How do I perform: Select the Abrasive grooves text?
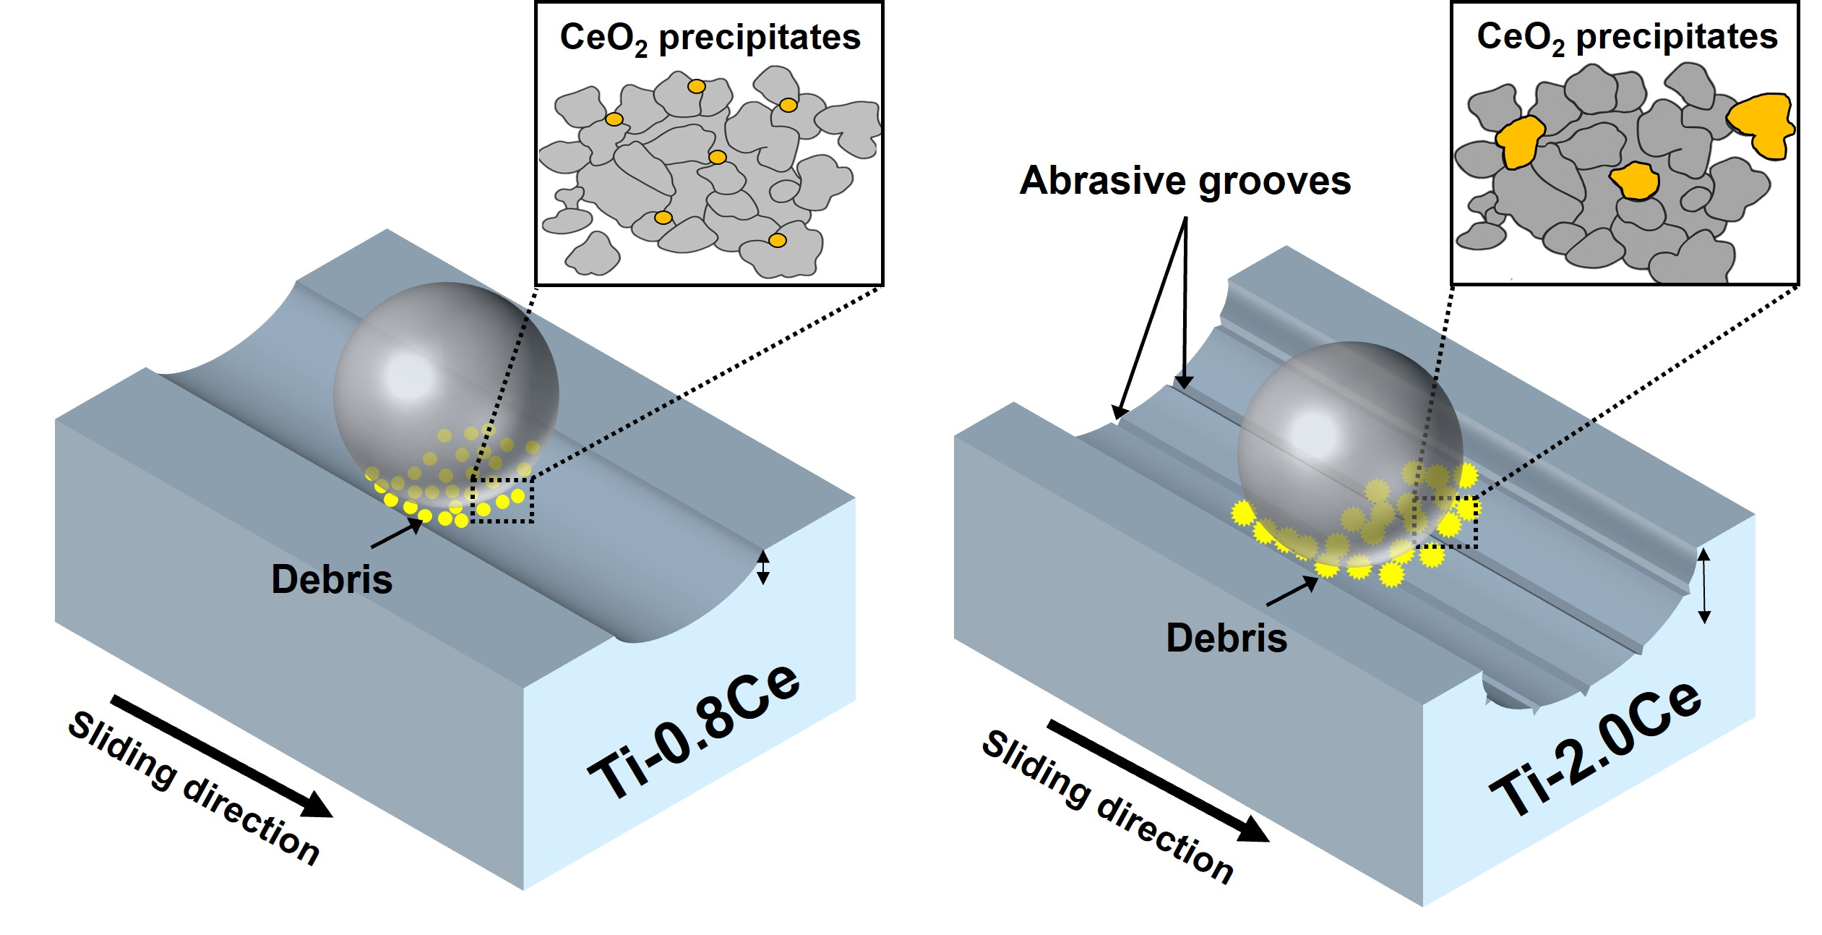[1185, 180]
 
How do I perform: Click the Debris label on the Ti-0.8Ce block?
[332, 579]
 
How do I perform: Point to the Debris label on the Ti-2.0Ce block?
[1226, 638]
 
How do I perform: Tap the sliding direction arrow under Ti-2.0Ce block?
[1156, 780]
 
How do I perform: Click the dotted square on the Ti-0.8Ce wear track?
[502, 500]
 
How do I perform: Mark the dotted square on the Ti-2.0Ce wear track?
[1445, 522]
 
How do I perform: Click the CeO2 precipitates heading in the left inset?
[710, 38]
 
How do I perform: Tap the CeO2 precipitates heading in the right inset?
[1626, 37]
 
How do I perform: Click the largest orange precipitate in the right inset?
[1761, 124]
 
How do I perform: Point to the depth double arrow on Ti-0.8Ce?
[762, 567]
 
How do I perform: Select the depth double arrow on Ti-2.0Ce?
[1703, 585]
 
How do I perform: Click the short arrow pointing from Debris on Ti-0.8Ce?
[396, 534]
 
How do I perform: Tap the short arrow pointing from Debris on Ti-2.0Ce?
[1292, 592]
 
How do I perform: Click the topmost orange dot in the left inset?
[696, 87]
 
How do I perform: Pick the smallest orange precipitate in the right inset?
[1634, 181]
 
